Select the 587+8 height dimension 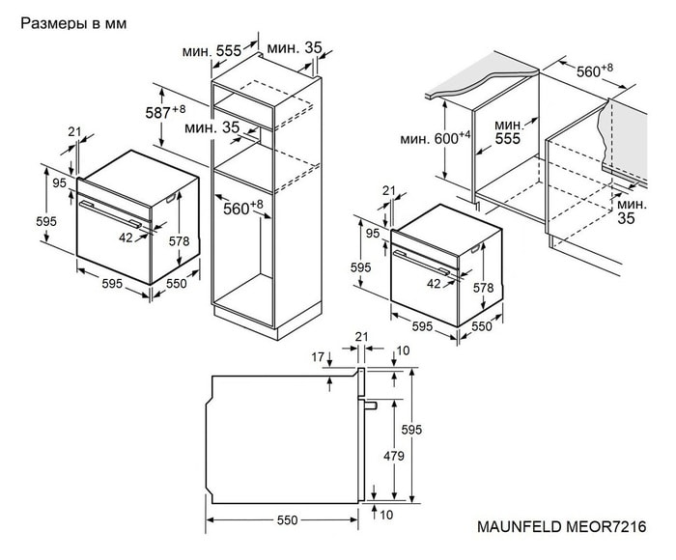[x=165, y=112]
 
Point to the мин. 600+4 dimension [x=435, y=139]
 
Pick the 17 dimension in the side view [x=319, y=357]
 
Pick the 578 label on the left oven [x=178, y=241]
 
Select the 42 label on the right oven [x=434, y=283]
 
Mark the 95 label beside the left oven [x=58, y=182]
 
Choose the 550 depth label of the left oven [x=176, y=284]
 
